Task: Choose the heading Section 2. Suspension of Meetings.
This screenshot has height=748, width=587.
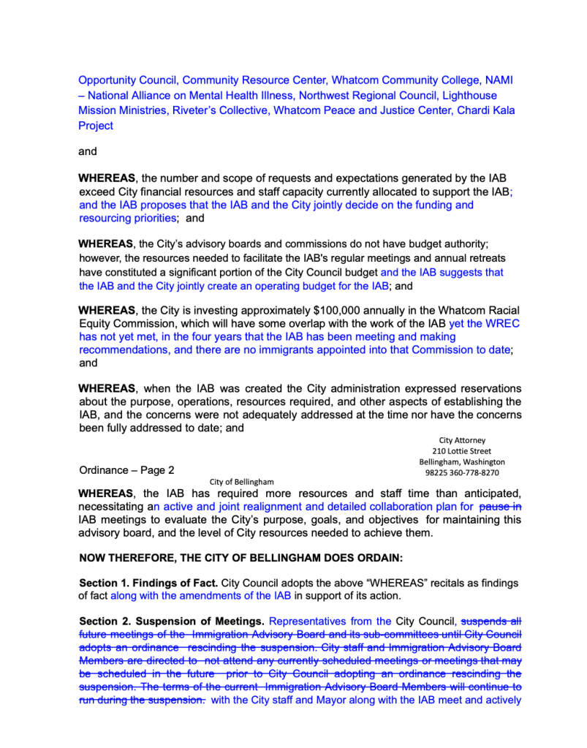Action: [171, 622]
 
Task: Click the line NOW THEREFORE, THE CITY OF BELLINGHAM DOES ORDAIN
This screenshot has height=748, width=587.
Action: [241, 558]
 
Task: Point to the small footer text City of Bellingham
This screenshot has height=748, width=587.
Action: [241, 482]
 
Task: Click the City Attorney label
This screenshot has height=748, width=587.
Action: [462, 440]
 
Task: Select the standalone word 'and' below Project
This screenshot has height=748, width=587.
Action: [88, 152]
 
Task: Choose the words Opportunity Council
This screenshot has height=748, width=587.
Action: [126, 80]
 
